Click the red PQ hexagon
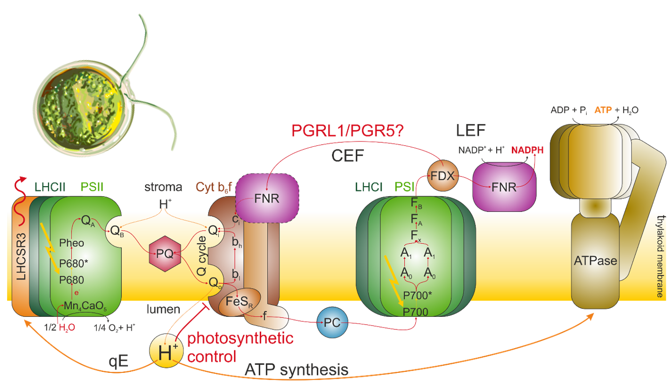coord(165,254)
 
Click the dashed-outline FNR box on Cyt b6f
coord(267,197)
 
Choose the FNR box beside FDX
coord(503,187)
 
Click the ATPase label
coord(596,261)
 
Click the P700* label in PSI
coord(416,295)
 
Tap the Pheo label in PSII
coord(71,243)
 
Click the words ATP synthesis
coord(296,370)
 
